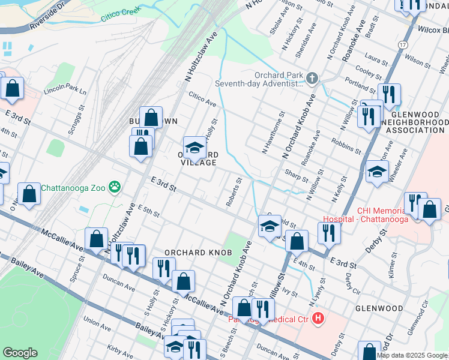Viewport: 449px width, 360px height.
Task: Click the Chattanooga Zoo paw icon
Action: point(115,188)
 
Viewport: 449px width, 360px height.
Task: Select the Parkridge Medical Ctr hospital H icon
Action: point(318,319)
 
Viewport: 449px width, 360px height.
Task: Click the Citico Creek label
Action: point(121,14)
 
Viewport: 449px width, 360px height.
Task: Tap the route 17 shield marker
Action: point(402,46)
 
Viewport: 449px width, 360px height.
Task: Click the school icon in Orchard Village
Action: point(194,147)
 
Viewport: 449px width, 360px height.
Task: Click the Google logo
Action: point(20,353)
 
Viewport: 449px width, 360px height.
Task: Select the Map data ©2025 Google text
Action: point(412,355)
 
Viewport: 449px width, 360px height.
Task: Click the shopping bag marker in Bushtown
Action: point(151,117)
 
